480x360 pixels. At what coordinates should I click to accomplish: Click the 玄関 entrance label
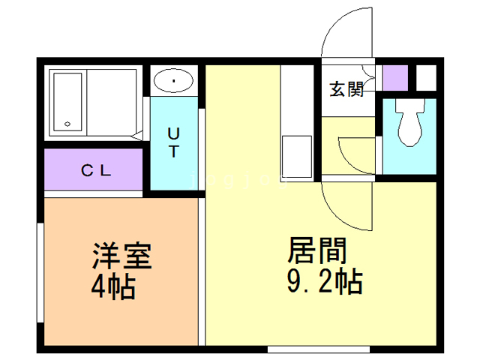[346, 89]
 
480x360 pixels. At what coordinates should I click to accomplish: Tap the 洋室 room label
[121, 256]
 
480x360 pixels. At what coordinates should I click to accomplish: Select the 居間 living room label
[316, 250]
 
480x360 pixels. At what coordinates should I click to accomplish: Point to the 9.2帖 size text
[325, 281]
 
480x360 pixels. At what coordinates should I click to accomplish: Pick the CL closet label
[96, 170]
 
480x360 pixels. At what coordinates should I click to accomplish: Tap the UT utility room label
[173, 142]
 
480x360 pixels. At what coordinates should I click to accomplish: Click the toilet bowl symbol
[410, 122]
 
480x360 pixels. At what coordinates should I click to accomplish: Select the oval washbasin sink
[173, 80]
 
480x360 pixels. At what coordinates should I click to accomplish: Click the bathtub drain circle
[67, 124]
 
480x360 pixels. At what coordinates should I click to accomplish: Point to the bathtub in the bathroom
[67, 102]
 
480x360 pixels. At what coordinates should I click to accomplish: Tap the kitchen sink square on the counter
[297, 157]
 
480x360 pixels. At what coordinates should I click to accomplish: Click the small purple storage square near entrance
[395, 78]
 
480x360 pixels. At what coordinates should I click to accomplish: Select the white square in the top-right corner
[426, 78]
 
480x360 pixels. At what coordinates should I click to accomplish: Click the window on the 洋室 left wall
[40, 272]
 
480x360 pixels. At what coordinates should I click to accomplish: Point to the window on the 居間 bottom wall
[319, 349]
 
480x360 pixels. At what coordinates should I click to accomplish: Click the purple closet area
[93, 169]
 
